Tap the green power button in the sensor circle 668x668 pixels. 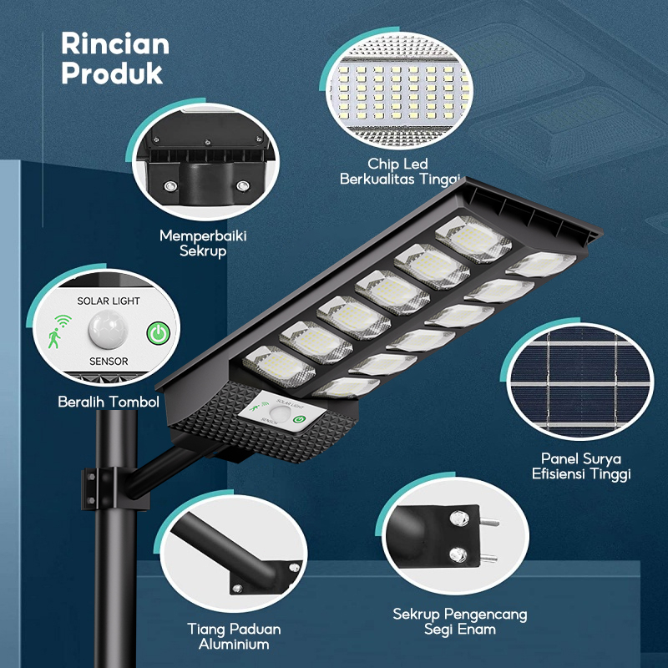[156, 333]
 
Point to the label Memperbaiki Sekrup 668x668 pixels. [203, 243]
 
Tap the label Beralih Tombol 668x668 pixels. [108, 402]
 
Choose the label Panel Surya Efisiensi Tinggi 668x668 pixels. [581, 466]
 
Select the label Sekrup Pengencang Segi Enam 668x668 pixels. [459, 621]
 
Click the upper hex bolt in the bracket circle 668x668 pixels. [458, 521]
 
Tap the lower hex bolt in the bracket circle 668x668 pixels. [458, 554]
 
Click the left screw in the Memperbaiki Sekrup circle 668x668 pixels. [171, 185]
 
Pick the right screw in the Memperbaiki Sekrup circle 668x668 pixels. [243, 185]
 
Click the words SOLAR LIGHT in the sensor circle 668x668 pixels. [109, 301]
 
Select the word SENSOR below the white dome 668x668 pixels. [108, 362]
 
